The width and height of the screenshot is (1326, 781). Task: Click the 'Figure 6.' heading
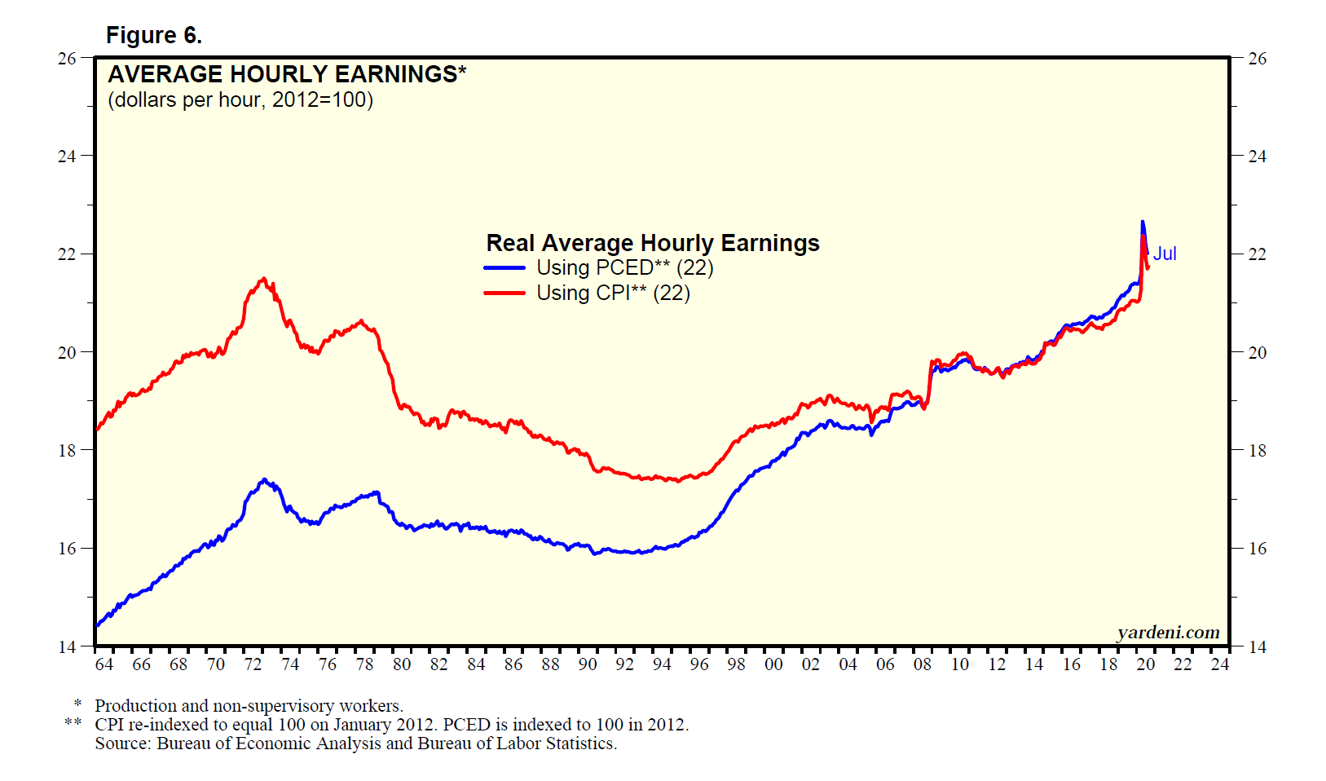154,36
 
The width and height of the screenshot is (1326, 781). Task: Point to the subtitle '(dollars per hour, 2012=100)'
240,100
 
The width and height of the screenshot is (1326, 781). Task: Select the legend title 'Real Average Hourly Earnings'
653,243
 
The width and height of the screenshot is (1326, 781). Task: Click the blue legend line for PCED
504,268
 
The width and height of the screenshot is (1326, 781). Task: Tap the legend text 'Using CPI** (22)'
613,293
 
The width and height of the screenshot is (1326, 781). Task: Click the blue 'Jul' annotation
1165,254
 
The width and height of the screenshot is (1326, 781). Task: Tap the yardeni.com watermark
1168,633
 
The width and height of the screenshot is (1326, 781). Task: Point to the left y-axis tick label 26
67,59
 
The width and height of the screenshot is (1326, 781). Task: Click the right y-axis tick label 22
1258,254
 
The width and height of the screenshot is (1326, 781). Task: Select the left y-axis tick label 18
67,451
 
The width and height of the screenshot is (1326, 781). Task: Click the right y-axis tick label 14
1258,647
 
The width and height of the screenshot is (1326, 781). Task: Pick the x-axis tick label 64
104,664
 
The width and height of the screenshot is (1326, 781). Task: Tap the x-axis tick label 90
588,664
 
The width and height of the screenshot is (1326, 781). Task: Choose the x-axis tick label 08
923,664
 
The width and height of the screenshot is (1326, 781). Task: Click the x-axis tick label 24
1220,664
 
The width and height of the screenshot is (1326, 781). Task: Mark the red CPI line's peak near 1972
262,279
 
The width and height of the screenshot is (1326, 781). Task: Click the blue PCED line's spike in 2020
1142,222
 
